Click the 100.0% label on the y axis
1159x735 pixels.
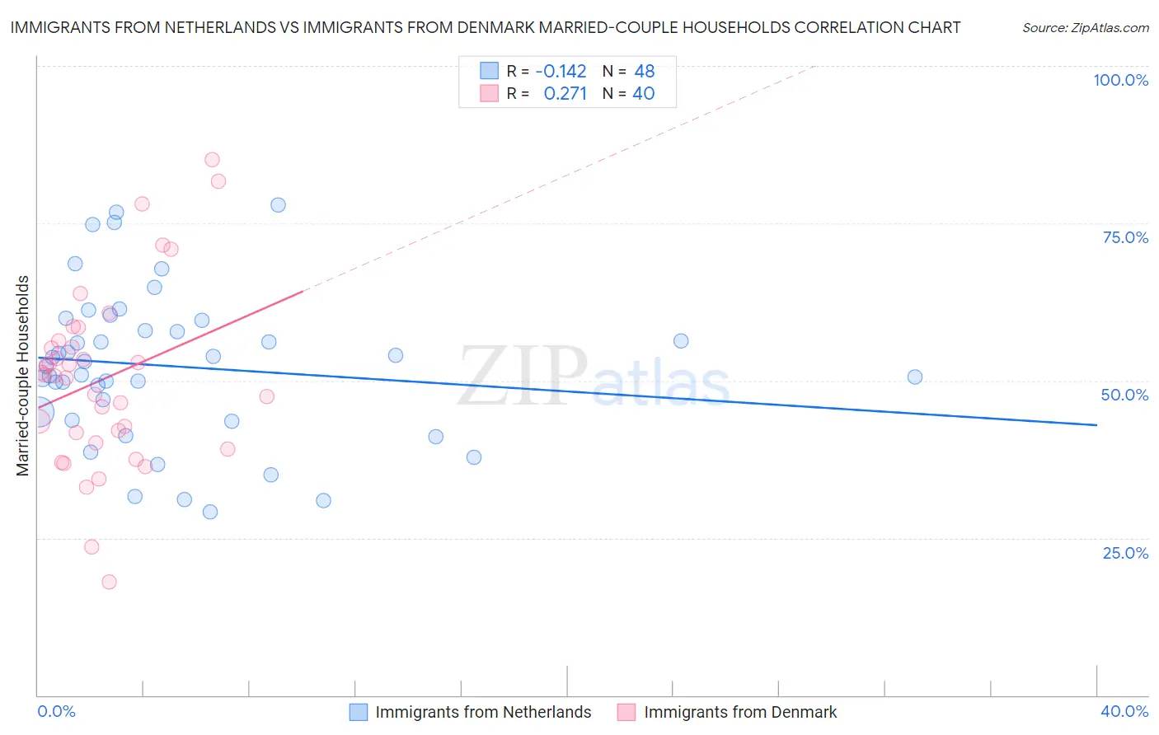pos(1120,80)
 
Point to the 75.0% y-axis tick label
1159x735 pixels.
pos(1125,237)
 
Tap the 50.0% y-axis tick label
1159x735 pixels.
pos(1124,395)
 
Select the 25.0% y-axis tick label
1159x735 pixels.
pos(1125,553)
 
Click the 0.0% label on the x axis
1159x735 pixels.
pos(56,711)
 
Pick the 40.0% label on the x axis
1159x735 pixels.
pos(1124,711)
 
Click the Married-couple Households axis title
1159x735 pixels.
pos(23,376)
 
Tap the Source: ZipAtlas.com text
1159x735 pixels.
pos(1085,28)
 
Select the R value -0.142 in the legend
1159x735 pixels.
pos(561,71)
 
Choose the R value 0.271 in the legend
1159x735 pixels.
pos(565,94)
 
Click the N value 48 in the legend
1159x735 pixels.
pos(644,71)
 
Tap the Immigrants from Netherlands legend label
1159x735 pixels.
pos(483,712)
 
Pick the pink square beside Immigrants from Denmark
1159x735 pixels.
pos(626,712)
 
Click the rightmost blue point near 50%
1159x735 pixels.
pos(914,377)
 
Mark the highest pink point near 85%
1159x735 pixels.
pos(212,160)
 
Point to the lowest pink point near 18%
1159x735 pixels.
pos(109,582)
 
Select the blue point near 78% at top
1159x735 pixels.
pos(278,205)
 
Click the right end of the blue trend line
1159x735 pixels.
pos(1096,424)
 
